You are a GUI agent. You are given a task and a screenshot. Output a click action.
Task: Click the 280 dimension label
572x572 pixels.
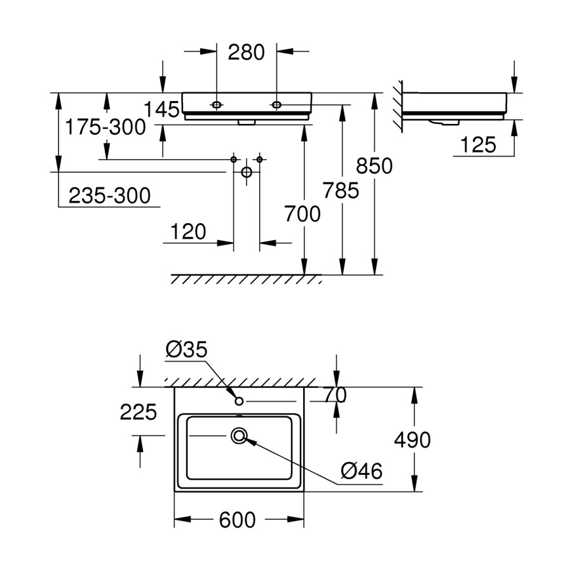247,52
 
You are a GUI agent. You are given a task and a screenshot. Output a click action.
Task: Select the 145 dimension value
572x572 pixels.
161,109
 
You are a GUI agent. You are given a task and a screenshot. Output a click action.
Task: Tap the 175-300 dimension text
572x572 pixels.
106,127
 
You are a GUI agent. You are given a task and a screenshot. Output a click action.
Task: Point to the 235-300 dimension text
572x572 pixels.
109,196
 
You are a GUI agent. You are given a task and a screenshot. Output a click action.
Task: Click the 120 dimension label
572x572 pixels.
188,232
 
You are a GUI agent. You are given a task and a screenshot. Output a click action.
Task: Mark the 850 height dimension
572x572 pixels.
374,166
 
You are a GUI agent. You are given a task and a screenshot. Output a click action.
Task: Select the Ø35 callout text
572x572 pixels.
186,349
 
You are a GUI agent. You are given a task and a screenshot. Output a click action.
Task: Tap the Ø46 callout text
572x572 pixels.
361,471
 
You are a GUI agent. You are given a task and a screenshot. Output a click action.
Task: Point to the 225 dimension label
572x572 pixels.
139,412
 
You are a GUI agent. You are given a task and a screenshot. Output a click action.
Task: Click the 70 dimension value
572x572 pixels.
336,395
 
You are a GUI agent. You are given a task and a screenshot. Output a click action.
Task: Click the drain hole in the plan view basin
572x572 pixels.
240,436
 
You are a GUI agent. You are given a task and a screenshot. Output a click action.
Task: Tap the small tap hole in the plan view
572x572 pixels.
239,401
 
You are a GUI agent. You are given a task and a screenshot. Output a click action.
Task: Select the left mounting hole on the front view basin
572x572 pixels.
217,104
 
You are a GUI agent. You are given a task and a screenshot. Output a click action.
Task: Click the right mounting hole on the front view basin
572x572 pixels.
276,104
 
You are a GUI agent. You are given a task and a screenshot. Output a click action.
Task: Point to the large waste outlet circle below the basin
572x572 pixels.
247,172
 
